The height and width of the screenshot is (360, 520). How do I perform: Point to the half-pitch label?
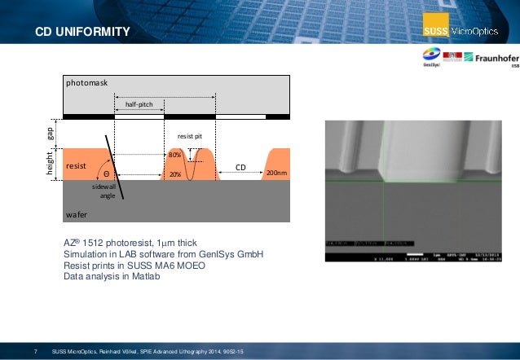point(139,104)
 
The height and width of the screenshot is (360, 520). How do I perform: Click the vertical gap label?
point(49,132)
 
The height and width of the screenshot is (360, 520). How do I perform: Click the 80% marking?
point(174,154)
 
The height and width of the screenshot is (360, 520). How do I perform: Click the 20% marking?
point(174,173)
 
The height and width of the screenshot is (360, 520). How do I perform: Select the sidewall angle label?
point(104,191)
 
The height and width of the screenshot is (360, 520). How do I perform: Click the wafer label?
point(77,213)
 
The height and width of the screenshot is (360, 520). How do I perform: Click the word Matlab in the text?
point(143,277)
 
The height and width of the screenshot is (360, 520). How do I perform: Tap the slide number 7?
point(36,351)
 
